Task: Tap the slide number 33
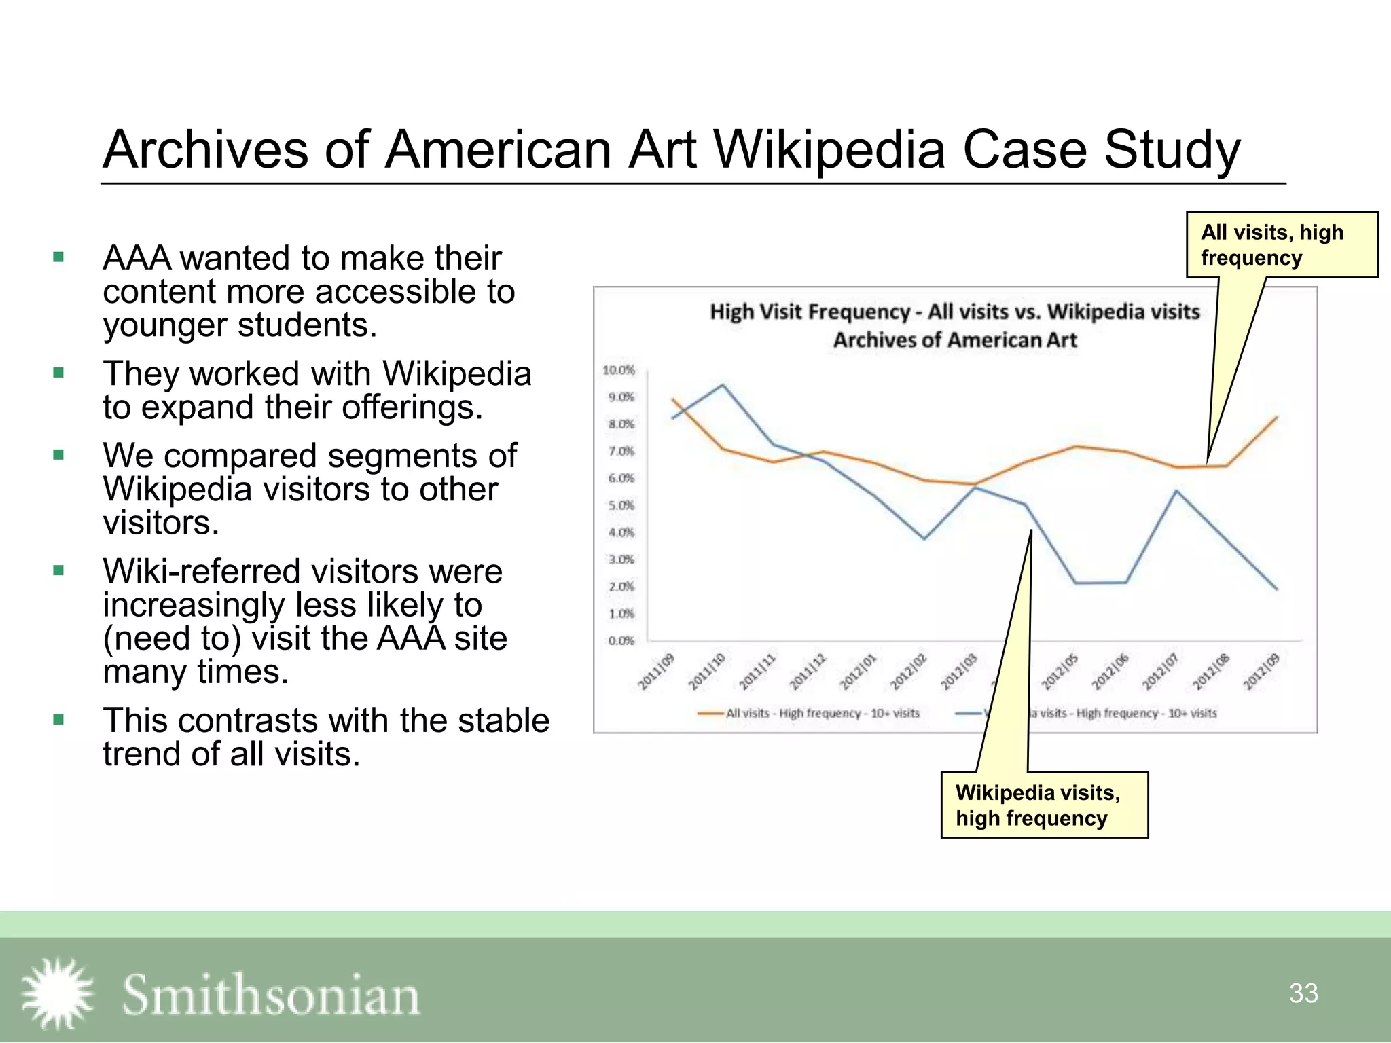tap(1303, 993)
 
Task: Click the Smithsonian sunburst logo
tap(57, 993)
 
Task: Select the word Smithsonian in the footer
tap(270, 995)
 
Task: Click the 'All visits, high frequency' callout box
tap(1282, 244)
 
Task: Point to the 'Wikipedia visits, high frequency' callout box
tap(1044, 805)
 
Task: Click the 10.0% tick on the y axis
tap(618, 370)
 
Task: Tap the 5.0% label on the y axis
tap(621, 505)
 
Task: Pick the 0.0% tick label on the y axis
tap(621, 640)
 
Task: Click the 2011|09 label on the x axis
tap(656, 672)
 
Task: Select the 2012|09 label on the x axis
tap(1261, 672)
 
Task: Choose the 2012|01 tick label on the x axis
tap(859, 672)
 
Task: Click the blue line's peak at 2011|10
tap(723, 385)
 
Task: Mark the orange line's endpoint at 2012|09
tap(1277, 417)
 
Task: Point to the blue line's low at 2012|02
tap(924, 539)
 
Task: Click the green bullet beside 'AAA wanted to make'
tap(58, 257)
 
